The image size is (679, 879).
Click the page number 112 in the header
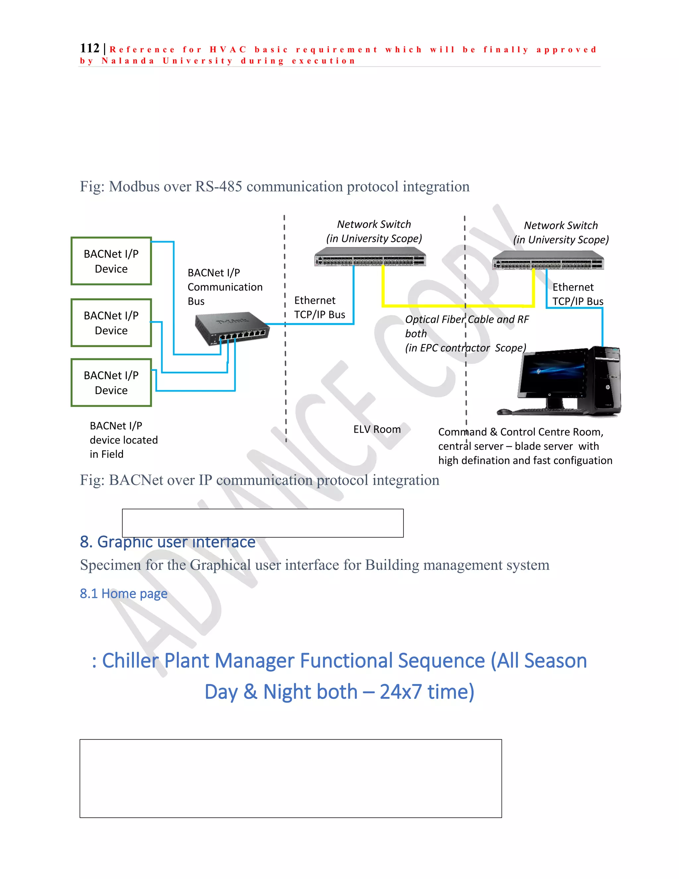[89, 48]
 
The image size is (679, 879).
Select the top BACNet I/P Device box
[111, 261]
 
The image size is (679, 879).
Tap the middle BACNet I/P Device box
[111, 323]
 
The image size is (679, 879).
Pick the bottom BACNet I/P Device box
[111, 383]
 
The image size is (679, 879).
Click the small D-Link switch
[231, 328]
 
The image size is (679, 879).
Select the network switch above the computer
[548, 260]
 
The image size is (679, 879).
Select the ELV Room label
[377, 430]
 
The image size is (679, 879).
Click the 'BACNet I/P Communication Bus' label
[224, 287]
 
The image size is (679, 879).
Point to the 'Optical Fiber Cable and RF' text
[466, 319]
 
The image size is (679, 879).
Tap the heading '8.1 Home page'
[123, 594]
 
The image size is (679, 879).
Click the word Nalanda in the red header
[128, 61]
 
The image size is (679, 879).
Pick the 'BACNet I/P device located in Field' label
[123, 440]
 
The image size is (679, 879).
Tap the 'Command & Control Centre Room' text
[521, 432]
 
